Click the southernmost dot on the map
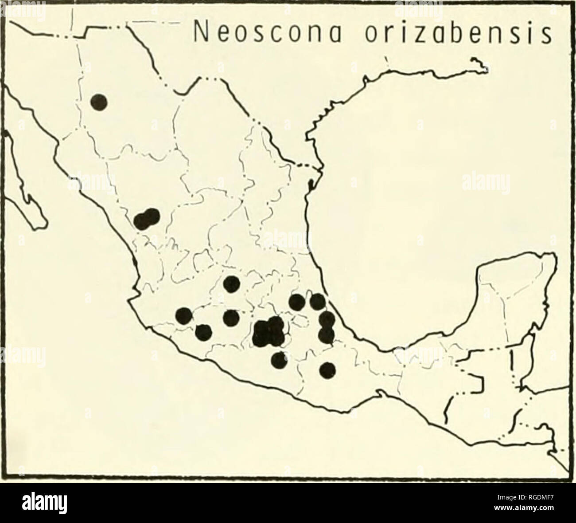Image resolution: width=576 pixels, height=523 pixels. point(327,370)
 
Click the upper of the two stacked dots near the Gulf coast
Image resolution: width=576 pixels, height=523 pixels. point(327,319)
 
